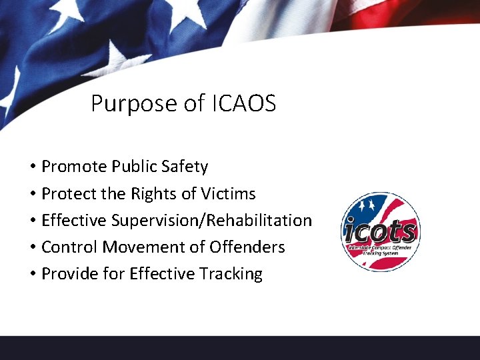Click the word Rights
pos(153,194)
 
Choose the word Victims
pos(228,194)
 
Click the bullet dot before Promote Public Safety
pos(32,167)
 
